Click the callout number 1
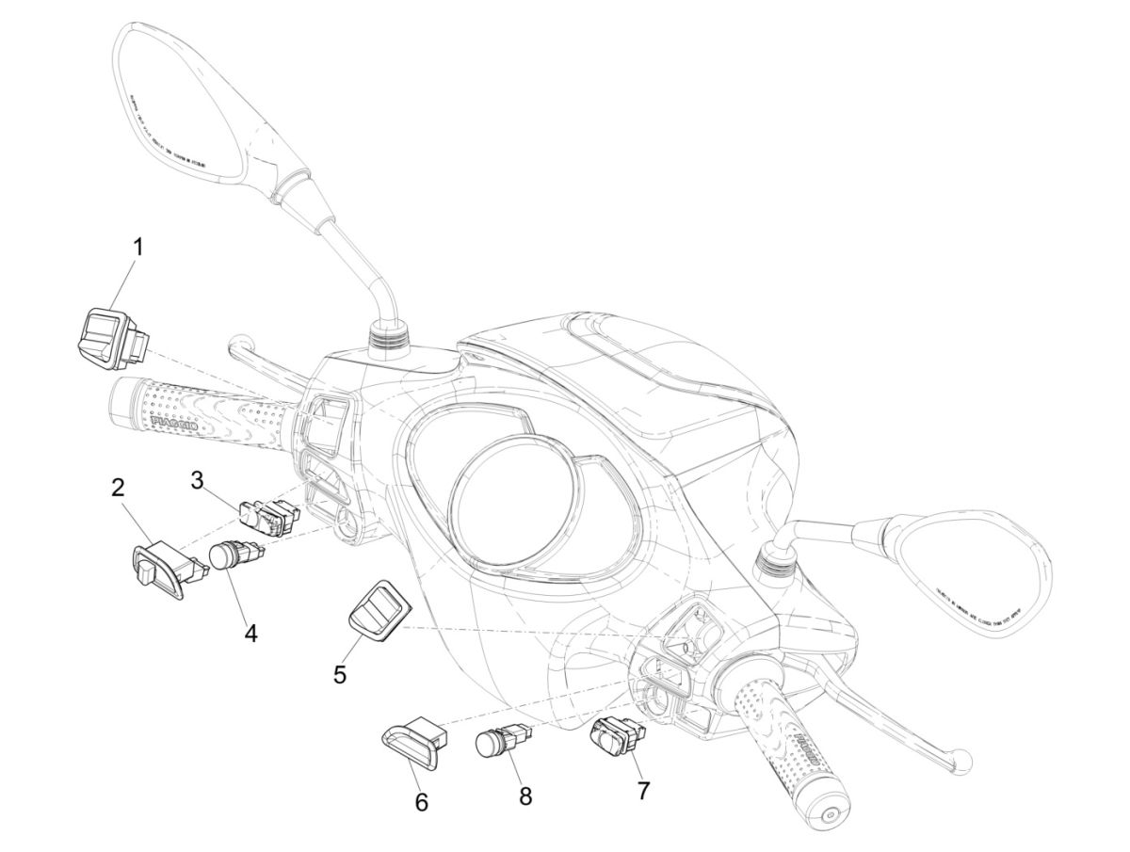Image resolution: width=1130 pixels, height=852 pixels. (137, 249)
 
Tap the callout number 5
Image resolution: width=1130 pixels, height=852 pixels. (340, 674)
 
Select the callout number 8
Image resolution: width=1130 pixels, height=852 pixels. (525, 796)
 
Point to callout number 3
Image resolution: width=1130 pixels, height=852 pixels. (197, 480)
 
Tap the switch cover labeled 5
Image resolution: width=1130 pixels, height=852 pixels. (370, 608)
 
